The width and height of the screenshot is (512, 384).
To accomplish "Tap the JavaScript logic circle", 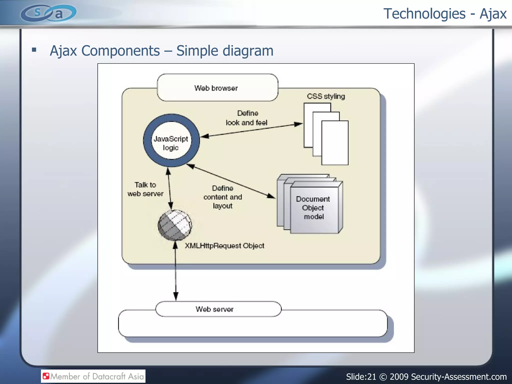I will tap(171, 140).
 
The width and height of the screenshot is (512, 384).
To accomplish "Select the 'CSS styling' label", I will tap(326, 96).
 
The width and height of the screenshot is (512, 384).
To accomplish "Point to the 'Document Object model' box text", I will tap(313, 207).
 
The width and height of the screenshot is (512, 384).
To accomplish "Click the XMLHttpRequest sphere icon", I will tap(175, 225).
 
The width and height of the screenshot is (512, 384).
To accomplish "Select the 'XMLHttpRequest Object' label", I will tap(224, 246).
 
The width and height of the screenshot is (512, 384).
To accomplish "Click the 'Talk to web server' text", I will tap(145, 189).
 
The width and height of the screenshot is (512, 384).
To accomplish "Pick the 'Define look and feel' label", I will tap(247, 118).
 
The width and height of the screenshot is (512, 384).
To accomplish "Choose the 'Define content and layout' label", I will tap(222, 197).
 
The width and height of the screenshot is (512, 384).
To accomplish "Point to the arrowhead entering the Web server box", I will tap(176, 296).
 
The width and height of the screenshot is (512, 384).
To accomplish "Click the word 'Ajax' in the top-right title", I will tap(493, 14).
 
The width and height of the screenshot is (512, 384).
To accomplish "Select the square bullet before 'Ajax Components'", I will tap(34, 50).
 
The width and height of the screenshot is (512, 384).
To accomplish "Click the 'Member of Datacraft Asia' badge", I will tap(93, 376).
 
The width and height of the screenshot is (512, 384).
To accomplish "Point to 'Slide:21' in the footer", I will tap(361, 376).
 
